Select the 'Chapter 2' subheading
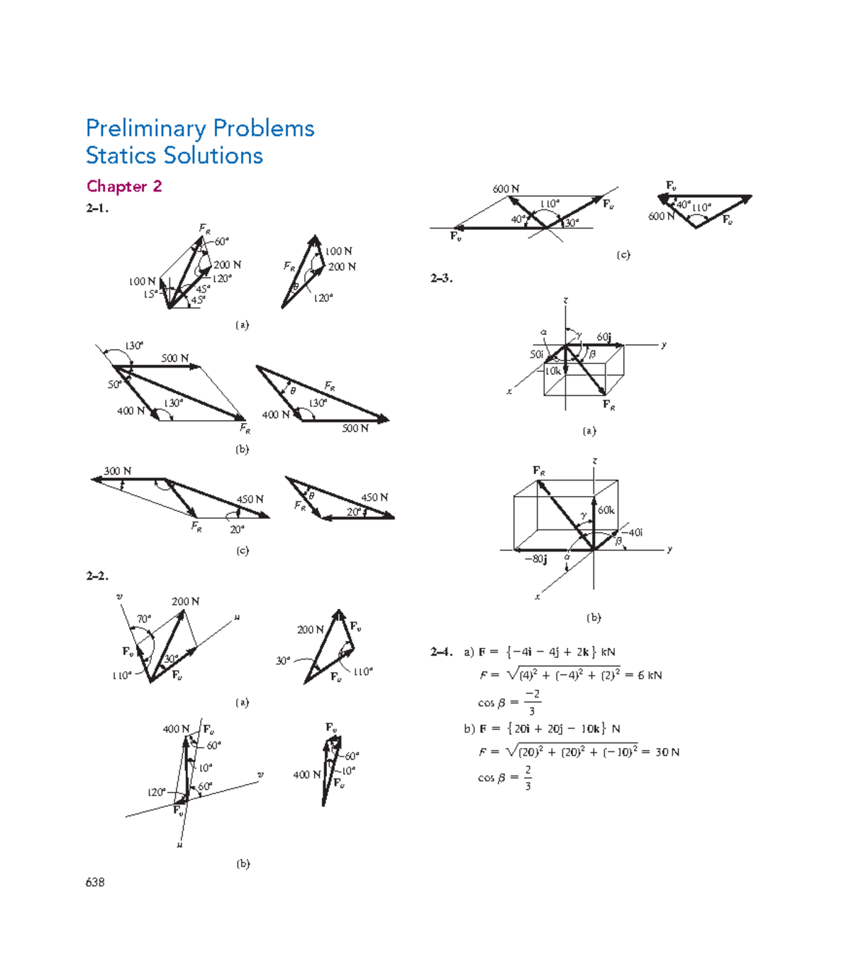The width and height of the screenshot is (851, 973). point(124,187)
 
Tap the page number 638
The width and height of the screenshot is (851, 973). point(95,882)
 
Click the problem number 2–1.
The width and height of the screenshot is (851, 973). point(97,209)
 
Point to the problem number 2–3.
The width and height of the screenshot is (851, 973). point(441,278)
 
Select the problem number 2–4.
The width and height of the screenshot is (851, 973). point(441,652)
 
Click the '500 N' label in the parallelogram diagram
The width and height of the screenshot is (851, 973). point(174,358)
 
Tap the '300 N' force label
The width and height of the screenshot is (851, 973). point(118,471)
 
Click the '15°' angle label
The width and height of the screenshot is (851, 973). point(150,294)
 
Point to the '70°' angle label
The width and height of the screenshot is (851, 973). point(144,619)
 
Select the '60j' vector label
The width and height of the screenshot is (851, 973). point(604,337)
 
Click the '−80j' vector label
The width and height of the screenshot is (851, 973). point(535,559)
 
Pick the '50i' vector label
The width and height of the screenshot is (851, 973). point(537,354)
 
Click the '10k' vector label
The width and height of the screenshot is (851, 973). point(553,371)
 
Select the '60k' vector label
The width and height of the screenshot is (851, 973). point(606,510)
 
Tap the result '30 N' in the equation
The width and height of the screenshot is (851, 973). point(667,752)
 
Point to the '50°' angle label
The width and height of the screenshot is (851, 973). point(114,385)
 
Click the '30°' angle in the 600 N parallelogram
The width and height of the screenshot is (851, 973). point(571,223)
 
